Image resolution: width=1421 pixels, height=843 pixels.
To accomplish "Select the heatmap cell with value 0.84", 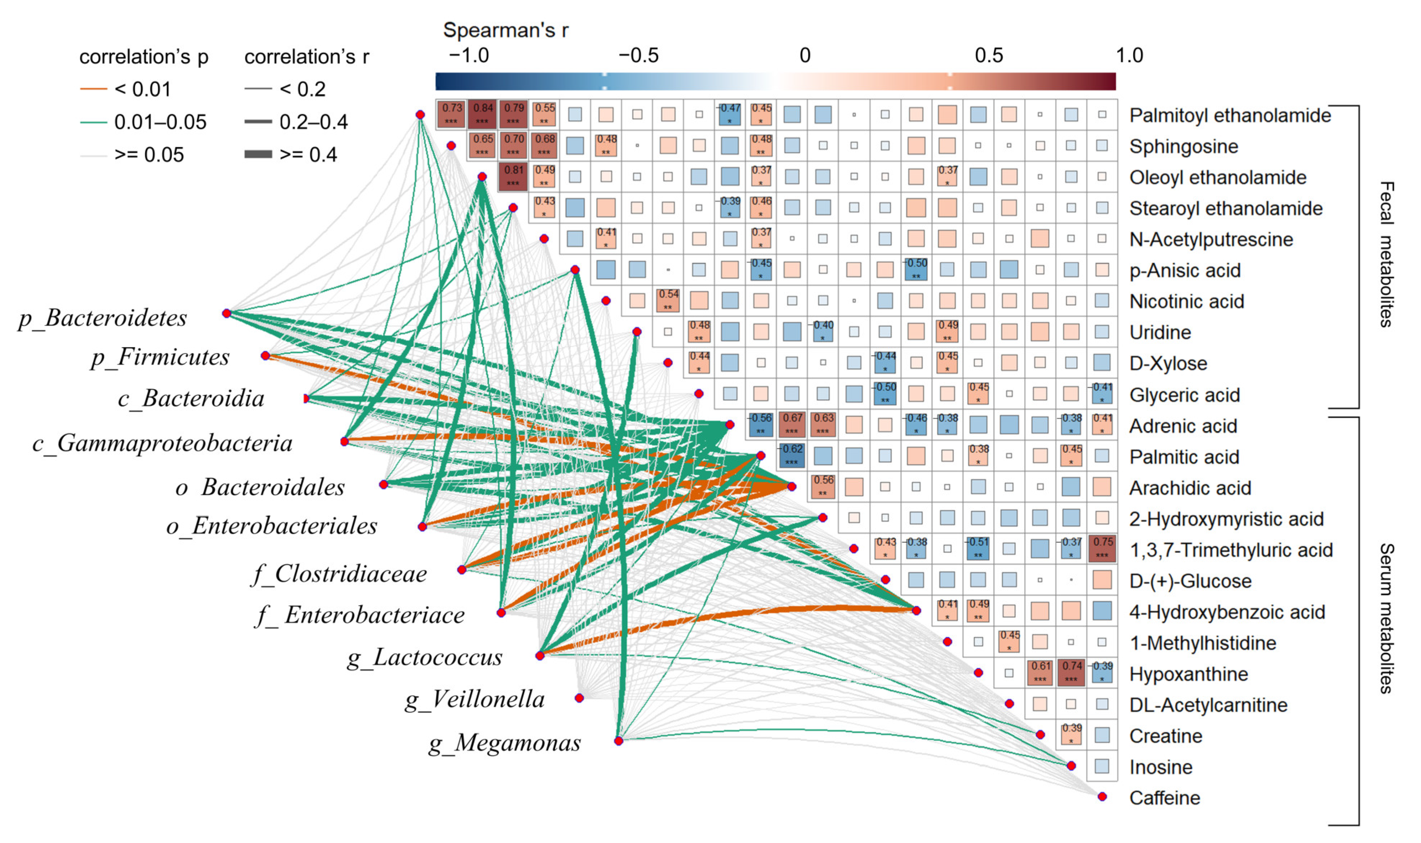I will (x=482, y=114).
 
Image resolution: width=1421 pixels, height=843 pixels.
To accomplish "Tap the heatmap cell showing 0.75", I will (x=1102, y=549).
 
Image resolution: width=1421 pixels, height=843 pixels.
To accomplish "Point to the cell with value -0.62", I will (x=792, y=456).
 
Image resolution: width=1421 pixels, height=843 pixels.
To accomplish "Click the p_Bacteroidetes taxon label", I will (x=102, y=318).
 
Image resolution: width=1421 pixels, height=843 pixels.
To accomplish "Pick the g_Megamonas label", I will (x=504, y=743).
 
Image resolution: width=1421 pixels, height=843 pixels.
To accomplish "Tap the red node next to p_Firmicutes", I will (x=265, y=356).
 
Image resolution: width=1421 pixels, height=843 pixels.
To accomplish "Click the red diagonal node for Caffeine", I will (x=1102, y=797).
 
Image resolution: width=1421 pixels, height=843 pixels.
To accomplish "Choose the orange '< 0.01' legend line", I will (x=94, y=89).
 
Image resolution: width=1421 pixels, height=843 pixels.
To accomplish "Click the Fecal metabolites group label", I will (x=1386, y=255).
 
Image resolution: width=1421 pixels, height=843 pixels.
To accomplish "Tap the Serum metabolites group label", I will (x=1386, y=618).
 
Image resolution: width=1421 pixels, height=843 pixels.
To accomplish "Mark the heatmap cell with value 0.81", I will (x=513, y=176).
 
